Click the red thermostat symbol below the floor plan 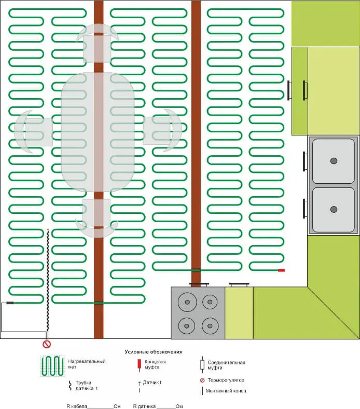point(47,344)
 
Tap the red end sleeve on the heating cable point(281,270)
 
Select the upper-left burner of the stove point(187,302)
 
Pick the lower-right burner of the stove point(210,326)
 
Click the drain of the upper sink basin point(334,161)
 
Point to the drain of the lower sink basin point(334,209)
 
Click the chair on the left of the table point(33,132)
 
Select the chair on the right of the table point(163,130)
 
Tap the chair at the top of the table point(97,43)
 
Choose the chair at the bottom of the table point(96,219)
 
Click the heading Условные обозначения point(153,351)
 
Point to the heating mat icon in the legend point(53,366)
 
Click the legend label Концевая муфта point(156,364)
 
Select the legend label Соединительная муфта point(226,365)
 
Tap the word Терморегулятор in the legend point(226,380)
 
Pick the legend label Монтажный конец point(226,391)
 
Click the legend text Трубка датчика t point(87,385)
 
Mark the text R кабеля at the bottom point(77,406)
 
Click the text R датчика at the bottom point(144,406)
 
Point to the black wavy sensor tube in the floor point(48,280)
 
